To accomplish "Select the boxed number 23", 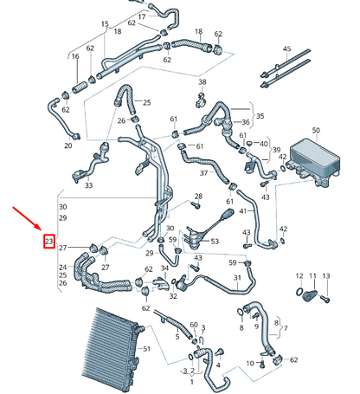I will pyautogui.click(x=49, y=241).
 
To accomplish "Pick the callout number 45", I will pyautogui.click(x=286, y=49).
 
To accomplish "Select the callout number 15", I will pyautogui.click(x=105, y=23).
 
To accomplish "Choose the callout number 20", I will pyautogui.click(x=68, y=145).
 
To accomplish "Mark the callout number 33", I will pyautogui.click(x=88, y=185).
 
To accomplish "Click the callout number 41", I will pyautogui.click(x=243, y=210).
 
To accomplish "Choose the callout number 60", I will pyautogui.click(x=194, y=325).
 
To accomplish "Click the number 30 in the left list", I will pyautogui.click(x=61, y=208).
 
